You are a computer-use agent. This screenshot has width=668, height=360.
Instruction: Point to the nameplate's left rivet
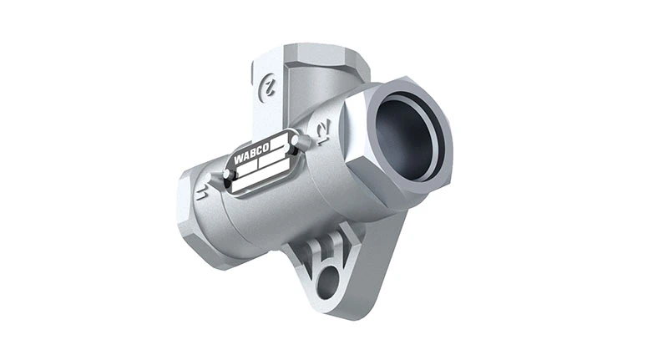(x=225, y=174)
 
